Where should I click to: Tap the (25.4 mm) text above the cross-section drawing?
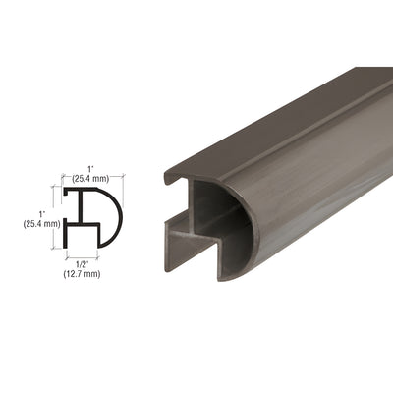(x=91, y=181)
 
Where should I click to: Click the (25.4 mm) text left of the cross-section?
(x=40, y=224)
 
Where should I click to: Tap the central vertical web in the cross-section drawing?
(x=81, y=218)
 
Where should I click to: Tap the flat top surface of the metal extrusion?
(x=285, y=108)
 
